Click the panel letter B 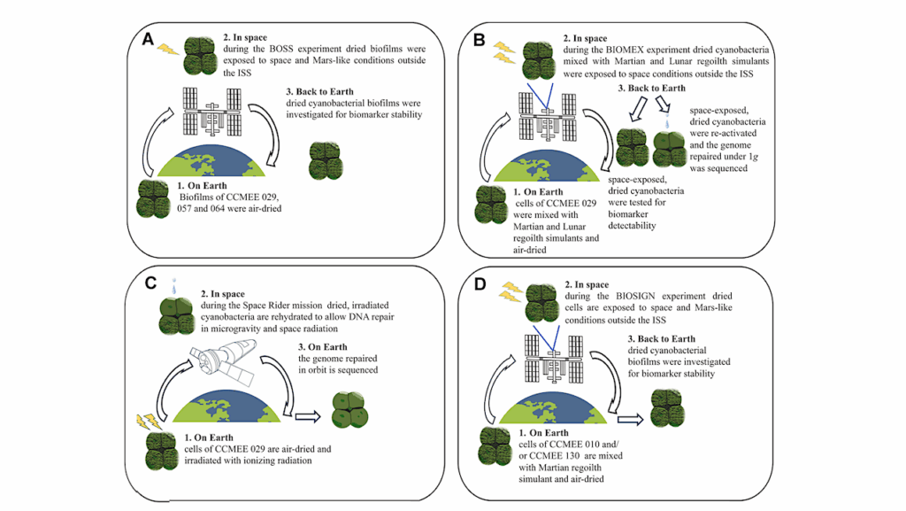point(480,39)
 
